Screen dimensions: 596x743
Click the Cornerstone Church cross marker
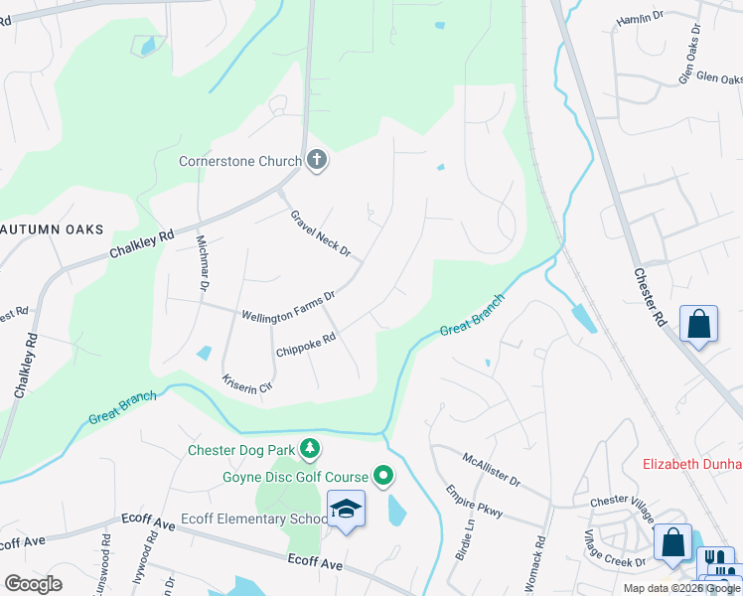(317, 160)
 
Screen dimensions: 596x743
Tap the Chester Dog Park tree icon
(311, 450)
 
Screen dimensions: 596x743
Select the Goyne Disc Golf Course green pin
(382, 477)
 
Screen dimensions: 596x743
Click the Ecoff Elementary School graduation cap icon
(346, 510)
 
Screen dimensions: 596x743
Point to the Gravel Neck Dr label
(321, 233)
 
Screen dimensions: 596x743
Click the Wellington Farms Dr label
(289, 305)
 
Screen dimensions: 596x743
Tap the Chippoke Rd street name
(306, 345)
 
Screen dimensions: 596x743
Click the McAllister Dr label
(492, 468)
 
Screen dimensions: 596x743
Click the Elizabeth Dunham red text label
(692, 464)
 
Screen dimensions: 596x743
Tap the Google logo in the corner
(33, 583)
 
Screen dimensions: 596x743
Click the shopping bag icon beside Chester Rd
(699, 324)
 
